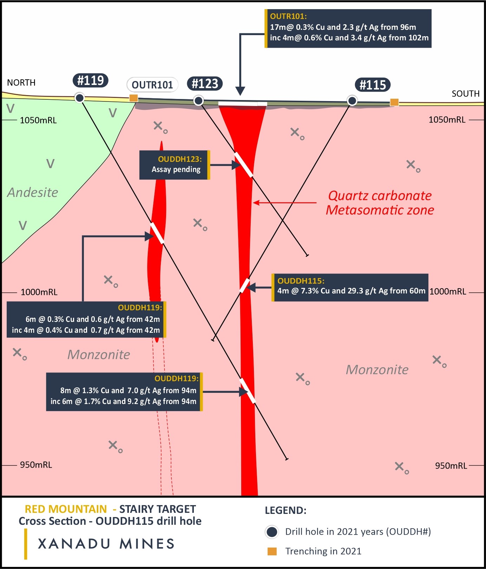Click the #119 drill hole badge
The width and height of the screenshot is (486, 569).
(90, 80)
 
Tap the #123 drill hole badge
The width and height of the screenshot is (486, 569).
(205, 84)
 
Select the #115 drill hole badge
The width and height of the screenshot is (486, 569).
(373, 85)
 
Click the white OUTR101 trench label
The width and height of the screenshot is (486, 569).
(152, 85)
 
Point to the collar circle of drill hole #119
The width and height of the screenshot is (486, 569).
(80, 98)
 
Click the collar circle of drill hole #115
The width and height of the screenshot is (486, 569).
(352, 101)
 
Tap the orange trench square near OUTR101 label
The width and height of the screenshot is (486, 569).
(133, 98)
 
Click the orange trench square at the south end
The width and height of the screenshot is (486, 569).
(394, 102)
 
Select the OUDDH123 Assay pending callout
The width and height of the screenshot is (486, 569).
(175, 165)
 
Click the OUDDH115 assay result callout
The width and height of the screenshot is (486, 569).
(350, 287)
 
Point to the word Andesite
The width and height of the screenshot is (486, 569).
(33, 192)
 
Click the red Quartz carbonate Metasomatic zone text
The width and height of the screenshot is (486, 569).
(380, 203)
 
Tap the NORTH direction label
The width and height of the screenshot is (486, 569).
(21, 82)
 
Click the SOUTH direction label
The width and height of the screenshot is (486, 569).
(465, 94)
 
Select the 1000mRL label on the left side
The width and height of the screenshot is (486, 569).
(39, 292)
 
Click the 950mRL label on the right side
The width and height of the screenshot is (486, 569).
(451, 466)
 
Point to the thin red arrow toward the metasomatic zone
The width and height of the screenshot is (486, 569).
(284, 203)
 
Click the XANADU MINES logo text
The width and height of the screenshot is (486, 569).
(106, 544)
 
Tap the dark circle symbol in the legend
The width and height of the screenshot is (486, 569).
(272, 532)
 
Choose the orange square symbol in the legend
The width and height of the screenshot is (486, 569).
(272, 551)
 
